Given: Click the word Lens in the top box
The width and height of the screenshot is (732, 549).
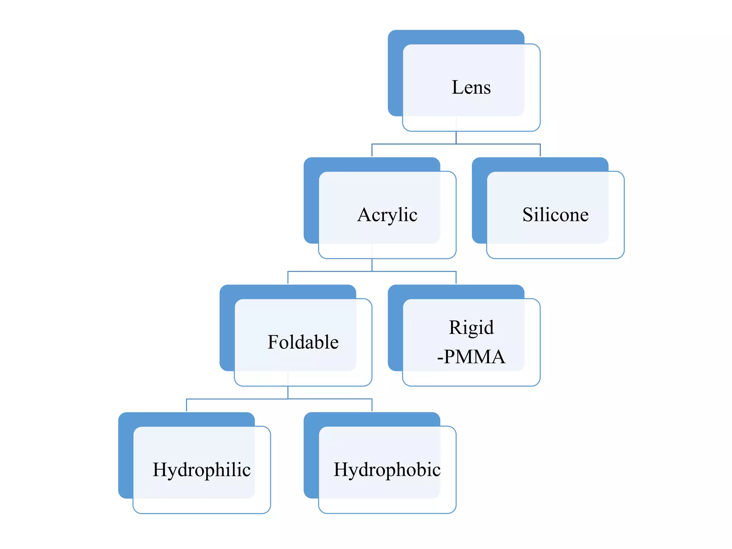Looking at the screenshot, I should (471, 88).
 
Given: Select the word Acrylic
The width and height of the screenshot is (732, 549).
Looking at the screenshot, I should (387, 215).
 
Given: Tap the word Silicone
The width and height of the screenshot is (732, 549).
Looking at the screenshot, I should (555, 215).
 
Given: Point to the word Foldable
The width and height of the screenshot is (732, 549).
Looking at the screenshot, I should (303, 342).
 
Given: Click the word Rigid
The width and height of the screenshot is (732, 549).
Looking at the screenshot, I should (471, 327).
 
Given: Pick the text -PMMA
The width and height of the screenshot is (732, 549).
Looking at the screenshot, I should (471, 357).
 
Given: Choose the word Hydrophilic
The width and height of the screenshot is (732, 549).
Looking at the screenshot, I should (202, 470).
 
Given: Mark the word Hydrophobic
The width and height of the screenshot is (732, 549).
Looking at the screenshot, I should (387, 470).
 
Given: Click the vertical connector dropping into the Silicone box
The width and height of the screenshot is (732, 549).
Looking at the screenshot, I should (540, 150).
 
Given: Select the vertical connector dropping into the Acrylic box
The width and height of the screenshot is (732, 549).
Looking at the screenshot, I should (372, 150).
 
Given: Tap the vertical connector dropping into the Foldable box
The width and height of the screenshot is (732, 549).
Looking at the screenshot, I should (288, 278).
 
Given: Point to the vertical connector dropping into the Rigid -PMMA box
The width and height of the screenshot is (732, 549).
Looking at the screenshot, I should (456, 278).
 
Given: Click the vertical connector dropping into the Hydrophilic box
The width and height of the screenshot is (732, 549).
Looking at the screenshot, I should (187, 405).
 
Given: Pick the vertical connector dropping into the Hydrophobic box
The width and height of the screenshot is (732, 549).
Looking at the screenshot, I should (372, 405).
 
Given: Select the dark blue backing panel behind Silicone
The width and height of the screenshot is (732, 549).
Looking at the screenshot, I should (479, 200).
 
